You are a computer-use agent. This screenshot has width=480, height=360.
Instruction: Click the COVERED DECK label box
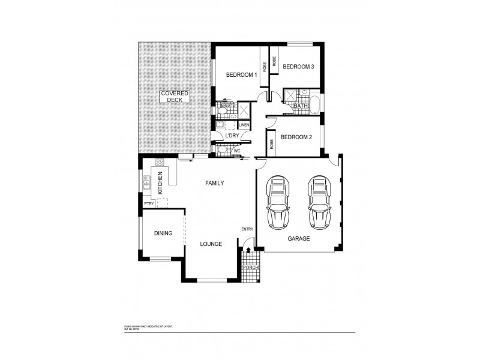175,97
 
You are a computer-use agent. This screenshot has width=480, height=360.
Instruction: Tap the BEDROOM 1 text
241,75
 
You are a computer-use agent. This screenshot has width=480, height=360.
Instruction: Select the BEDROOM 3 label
298,67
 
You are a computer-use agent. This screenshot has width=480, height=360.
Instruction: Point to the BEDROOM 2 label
296,137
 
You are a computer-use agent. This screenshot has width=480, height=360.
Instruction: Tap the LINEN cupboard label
244,125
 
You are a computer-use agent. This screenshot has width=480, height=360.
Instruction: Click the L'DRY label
232,137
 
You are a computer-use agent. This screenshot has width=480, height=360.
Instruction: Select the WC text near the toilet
245,151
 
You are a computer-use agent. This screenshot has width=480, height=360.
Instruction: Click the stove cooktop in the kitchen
160,162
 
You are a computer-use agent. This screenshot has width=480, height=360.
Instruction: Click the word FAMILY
215,183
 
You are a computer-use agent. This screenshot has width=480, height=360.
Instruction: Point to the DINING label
163,233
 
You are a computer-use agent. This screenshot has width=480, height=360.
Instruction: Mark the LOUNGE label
212,244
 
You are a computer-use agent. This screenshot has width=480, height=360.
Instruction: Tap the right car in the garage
319,202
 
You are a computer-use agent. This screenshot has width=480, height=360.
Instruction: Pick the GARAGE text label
298,239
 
